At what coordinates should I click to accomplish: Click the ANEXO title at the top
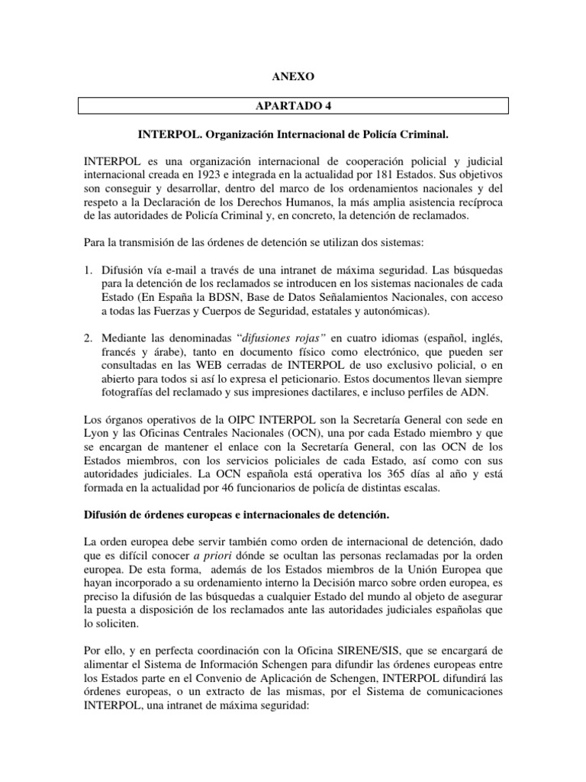292,77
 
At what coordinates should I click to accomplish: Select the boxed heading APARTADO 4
292,105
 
